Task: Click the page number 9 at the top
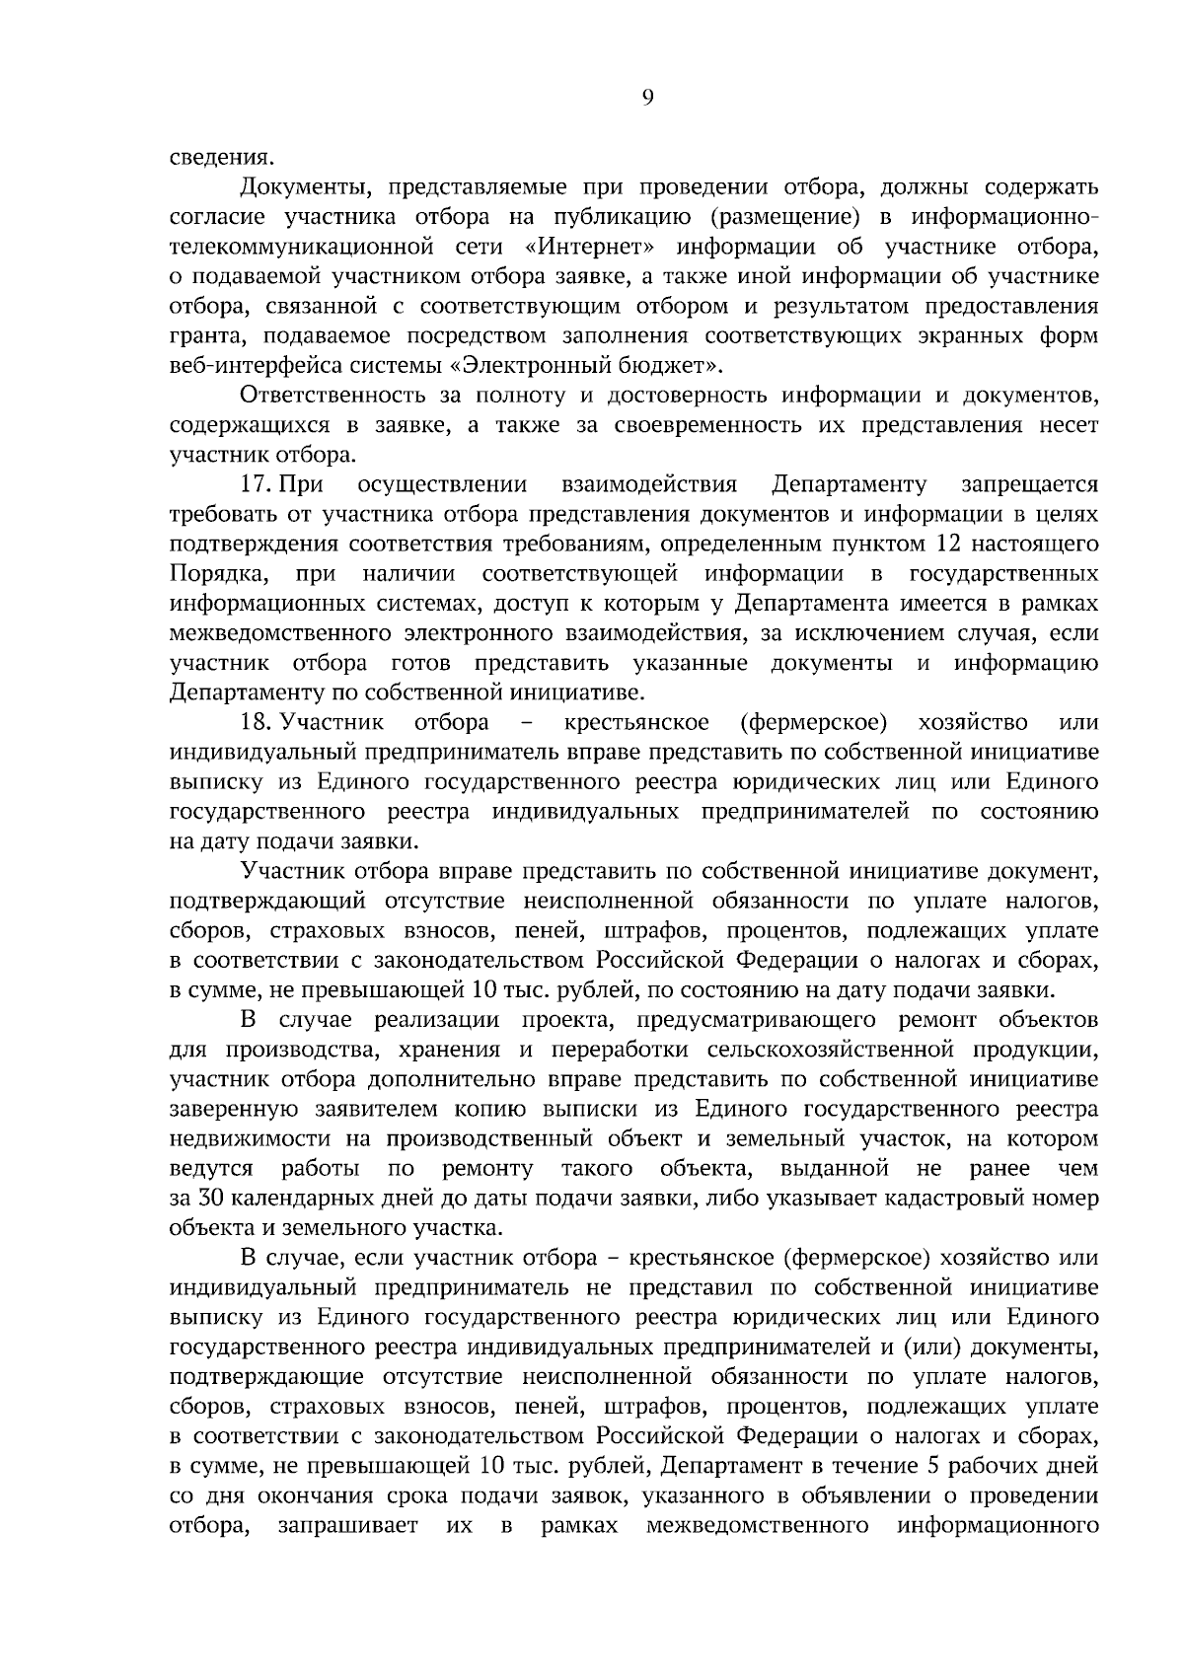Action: (647, 96)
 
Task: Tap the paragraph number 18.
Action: (256, 722)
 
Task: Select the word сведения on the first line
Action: (219, 157)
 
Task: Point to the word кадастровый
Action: (956, 1198)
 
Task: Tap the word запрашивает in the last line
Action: (348, 1525)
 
